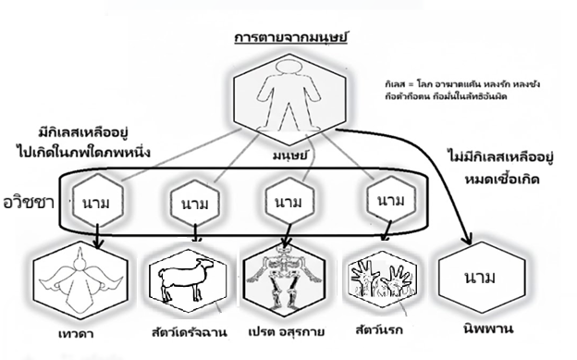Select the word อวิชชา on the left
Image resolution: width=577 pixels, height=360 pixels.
pos(31,200)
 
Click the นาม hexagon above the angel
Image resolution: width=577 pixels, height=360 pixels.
pos(96,201)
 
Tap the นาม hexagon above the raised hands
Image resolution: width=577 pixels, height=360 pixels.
pos(385,199)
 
